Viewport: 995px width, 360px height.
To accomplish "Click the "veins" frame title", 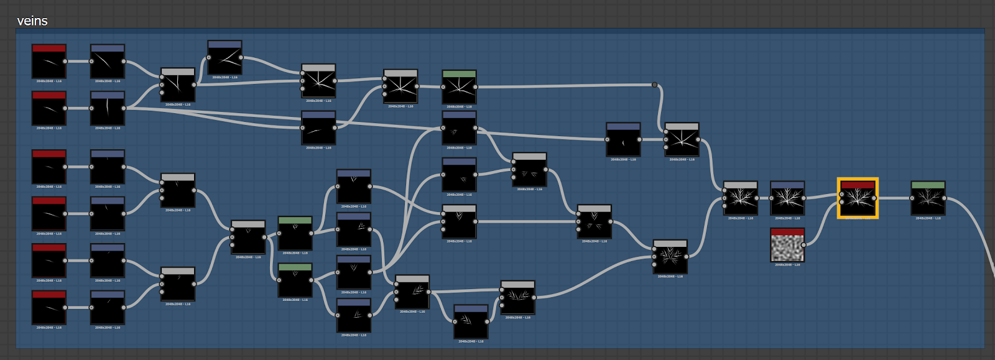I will click(32, 21).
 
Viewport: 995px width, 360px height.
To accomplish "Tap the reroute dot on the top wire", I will click(654, 85).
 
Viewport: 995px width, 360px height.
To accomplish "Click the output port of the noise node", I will click(803, 245).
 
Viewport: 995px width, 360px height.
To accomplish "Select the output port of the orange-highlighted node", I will click(874, 198).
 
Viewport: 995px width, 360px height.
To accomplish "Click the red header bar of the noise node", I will click(787, 232).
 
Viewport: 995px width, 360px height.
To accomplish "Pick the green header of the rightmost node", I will click(928, 185).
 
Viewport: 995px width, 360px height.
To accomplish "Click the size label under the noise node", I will click(787, 265).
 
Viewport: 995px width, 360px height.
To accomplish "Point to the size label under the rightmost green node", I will click(928, 218).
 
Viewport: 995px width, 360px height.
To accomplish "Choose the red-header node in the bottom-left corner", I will click(49, 308).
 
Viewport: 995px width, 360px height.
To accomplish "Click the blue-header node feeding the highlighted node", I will click(787, 198).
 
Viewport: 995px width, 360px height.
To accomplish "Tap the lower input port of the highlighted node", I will click(841, 202).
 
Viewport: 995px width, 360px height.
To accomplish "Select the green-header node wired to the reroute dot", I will click(459, 88).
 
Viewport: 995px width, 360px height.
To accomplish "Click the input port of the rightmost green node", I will click(912, 198).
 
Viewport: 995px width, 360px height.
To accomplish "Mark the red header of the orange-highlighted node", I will click(858, 185).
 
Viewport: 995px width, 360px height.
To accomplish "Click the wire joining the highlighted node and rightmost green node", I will click(893, 198).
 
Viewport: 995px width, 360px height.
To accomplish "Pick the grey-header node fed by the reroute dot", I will click(682, 141).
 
